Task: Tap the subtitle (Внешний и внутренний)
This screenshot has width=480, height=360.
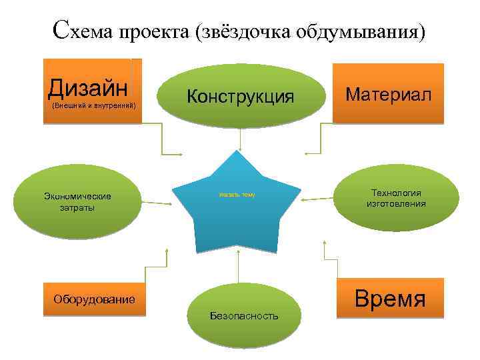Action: (x=93, y=105)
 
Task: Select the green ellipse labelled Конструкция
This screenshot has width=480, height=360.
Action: (x=240, y=97)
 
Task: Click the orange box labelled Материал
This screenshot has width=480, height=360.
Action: (x=388, y=93)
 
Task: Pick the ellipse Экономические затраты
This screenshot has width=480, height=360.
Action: (x=77, y=201)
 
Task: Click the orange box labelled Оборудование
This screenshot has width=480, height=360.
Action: (x=94, y=300)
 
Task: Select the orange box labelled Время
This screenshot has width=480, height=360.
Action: (x=390, y=297)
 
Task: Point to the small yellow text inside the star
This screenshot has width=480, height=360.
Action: (x=237, y=195)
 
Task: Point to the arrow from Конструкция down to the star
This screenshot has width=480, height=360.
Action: (x=240, y=139)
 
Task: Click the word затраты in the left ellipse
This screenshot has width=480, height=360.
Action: (x=77, y=207)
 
